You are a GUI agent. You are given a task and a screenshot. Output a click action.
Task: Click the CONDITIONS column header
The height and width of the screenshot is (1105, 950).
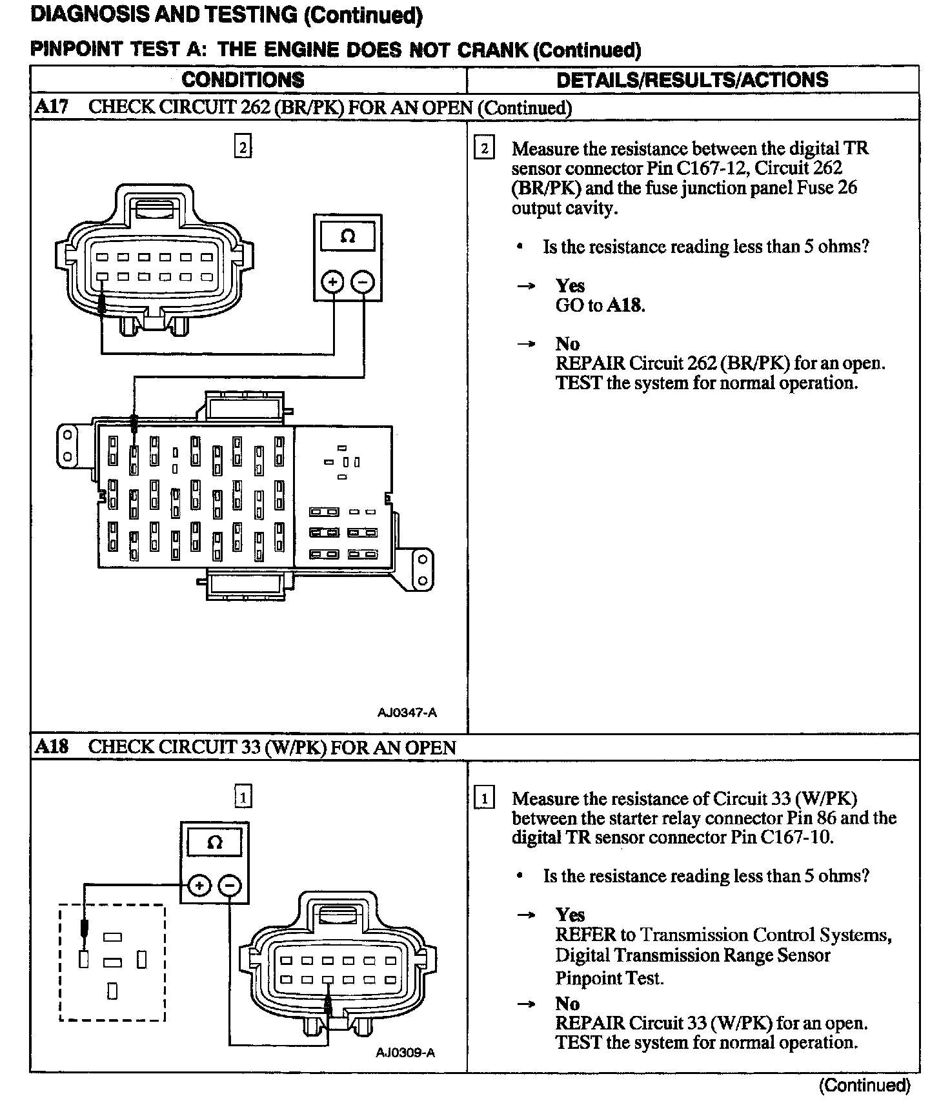point(243,80)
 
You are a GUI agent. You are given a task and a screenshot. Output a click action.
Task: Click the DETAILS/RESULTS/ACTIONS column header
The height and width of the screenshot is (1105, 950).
point(692,80)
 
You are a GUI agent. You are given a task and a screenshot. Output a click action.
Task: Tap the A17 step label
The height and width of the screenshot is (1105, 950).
point(51,107)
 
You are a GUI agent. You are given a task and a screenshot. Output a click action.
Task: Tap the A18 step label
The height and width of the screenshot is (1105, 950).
point(51,747)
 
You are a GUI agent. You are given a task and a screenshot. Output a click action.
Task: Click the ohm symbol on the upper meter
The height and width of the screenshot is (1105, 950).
point(347,237)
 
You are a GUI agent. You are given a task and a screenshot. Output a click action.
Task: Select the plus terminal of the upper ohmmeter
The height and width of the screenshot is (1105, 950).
point(332,282)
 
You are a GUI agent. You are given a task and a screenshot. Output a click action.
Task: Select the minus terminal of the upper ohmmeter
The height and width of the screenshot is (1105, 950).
point(363,282)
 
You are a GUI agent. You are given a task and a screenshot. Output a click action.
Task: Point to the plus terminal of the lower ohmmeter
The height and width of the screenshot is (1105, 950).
point(199,886)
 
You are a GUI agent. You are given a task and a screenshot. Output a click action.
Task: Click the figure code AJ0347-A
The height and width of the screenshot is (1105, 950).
point(407,713)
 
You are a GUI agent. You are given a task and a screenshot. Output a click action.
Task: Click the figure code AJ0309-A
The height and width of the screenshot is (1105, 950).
point(405,1053)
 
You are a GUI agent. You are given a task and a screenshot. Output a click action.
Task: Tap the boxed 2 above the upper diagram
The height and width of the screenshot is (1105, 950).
point(243,148)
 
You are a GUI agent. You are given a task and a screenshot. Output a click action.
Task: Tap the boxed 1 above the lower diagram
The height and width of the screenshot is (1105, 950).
point(243,798)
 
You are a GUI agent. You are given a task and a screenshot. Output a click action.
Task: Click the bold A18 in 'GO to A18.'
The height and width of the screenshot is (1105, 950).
point(625,305)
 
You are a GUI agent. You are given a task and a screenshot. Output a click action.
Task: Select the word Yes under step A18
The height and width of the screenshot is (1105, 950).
point(571,915)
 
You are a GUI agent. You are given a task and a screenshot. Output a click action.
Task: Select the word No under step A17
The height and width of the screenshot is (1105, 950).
point(567,344)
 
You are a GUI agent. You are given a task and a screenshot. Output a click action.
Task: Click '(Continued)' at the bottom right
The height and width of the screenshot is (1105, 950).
point(864,1086)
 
